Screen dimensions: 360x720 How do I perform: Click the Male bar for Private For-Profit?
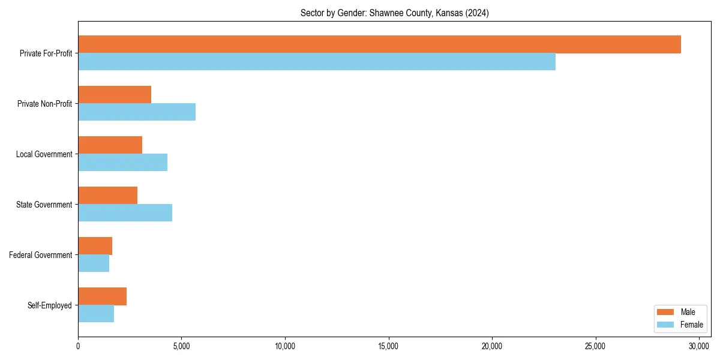click(x=379, y=44)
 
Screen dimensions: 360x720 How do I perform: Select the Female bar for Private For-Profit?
click(x=317, y=62)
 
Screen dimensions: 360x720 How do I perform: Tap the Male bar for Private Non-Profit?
click(x=115, y=95)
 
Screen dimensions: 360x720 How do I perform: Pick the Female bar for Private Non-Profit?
click(x=137, y=112)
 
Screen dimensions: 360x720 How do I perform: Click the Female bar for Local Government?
click(x=122, y=163)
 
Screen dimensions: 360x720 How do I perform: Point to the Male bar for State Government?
click(x=107, y=196)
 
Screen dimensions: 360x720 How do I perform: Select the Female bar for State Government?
click(x=125, y=213)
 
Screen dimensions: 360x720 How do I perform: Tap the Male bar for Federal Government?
click(x=95, y=246)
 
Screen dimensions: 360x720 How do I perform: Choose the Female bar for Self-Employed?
click(x=96, y=314)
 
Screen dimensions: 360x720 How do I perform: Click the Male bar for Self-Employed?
click(x=102, y=296)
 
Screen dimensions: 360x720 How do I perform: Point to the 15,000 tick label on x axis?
click(x=388, y=346)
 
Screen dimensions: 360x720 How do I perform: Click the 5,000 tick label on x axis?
click(x=181, y=346)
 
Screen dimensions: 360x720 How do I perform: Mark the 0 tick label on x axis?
click(x=78, y=346)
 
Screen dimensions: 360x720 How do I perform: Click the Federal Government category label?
click(x=41, y=255)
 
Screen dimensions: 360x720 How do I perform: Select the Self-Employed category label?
click(x=50, y=305)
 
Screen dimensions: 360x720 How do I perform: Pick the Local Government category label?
click(x=44, y=154)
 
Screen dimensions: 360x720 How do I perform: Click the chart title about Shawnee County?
click(x=394, y=13)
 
